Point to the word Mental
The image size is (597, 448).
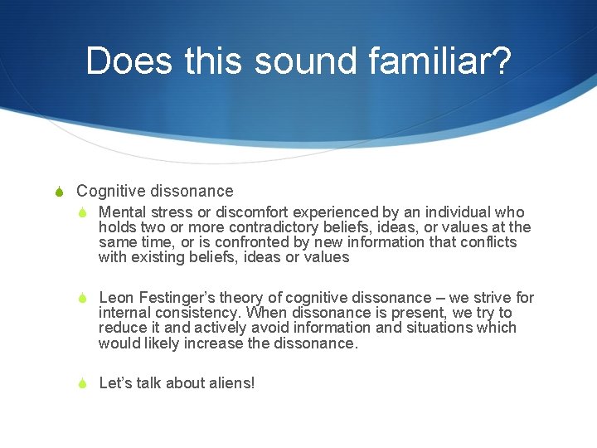(123, 212)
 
